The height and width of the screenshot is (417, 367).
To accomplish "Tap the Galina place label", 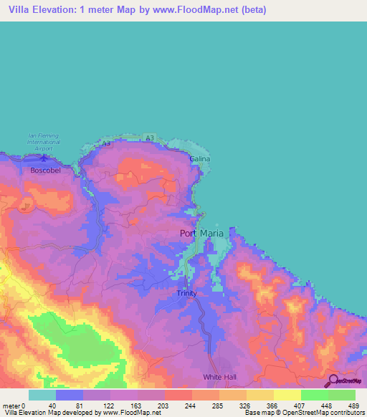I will pos(200,158).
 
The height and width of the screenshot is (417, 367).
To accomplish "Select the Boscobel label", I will pos(45,171).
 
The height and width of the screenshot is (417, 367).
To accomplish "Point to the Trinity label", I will pos(186,293).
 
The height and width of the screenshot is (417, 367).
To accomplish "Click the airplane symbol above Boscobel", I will pos(44,158).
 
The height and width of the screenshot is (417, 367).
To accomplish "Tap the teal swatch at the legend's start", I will pos(42,395).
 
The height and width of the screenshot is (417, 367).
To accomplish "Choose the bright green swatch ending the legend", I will pos(342,395).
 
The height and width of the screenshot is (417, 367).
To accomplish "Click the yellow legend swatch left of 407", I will pos(287,395).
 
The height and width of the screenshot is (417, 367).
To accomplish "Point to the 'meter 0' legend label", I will pos(14,406).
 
